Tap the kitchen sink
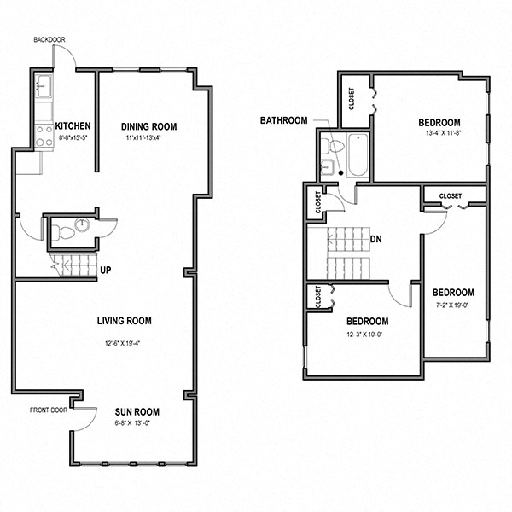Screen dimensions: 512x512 point(44,85)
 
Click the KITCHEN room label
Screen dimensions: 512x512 point(73,125)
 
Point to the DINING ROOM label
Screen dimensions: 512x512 point(148,125)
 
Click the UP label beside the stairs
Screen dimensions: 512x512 point(107,271)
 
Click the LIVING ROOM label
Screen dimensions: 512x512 point(124,321)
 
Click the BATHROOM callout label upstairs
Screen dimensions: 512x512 point(283,120)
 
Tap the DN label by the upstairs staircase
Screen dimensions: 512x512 point(375,239)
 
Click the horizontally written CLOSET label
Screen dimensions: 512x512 point(451,196)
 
